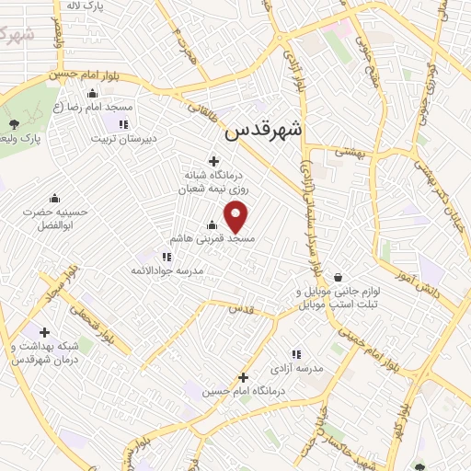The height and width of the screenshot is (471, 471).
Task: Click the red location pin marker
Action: (x=237, y=217)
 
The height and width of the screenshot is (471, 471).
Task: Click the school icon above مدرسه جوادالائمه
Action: (x=166, y=257)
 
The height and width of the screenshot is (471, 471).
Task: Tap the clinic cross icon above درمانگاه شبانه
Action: (x=214, y=160)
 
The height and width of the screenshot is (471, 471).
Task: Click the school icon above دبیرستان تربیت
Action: (x=124, y=125)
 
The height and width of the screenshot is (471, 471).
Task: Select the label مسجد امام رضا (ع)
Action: (x=92, y=108)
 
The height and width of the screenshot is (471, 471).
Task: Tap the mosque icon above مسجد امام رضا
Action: (x=92, y=94)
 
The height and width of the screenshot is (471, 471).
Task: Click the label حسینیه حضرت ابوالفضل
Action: (x=60, y=218)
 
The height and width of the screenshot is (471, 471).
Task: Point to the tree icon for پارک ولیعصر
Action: (x=13, y=124)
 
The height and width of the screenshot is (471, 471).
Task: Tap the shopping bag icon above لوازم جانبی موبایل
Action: (x=339, y=277)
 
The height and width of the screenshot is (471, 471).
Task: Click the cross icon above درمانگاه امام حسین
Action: (x=243, y=377)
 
